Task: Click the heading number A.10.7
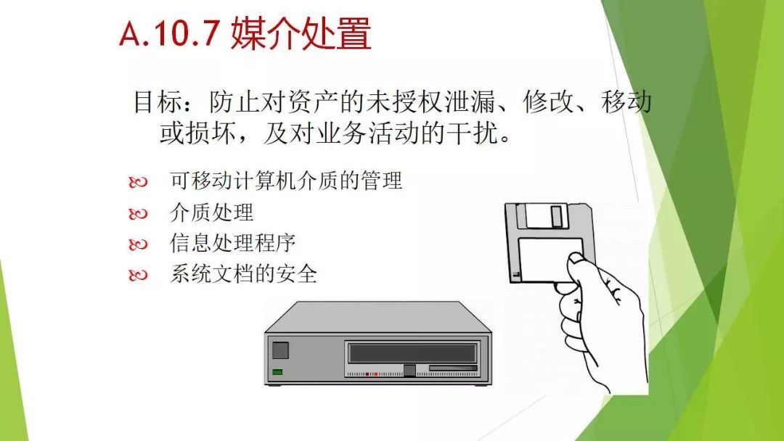tap(170, 33)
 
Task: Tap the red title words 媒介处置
tap(301, 33)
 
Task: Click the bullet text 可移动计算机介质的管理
tap(286, 181)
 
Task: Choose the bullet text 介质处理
tap(211, 213)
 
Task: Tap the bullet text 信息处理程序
tap(232, 243)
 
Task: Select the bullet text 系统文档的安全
tap(243, 274)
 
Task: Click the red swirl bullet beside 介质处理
tap(138, 214)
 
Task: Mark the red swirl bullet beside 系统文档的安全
tap(138, 275)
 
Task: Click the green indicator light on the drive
tap(277, 372)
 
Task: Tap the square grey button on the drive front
tap(280, 350)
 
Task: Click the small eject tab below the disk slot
tap(409, 370)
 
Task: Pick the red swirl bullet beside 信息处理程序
tap(138, 244)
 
